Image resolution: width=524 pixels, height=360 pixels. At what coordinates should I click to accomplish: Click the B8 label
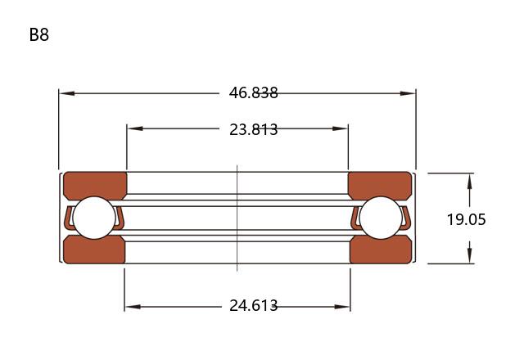[x=39, y=34]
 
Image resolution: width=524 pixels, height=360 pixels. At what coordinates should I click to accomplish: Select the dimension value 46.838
[x=253, y=92]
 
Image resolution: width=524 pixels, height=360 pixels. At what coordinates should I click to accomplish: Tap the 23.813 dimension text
[x=253, y=129]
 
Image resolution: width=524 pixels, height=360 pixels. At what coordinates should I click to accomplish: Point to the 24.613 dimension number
[x=253, y=305]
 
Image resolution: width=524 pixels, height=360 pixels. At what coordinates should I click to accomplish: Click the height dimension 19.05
[x=466, y=219]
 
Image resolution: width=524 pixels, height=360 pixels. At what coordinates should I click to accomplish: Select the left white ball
[x=94, y=218]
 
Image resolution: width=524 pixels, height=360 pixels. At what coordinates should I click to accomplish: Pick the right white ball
[x=381, y=218]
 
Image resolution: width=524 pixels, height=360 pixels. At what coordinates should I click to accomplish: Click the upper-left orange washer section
[x=95, y=186]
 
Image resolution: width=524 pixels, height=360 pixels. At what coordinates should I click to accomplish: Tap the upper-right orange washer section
[x=380, y=186]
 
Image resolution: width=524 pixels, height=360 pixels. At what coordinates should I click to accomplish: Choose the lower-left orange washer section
[x=95, y=250]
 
